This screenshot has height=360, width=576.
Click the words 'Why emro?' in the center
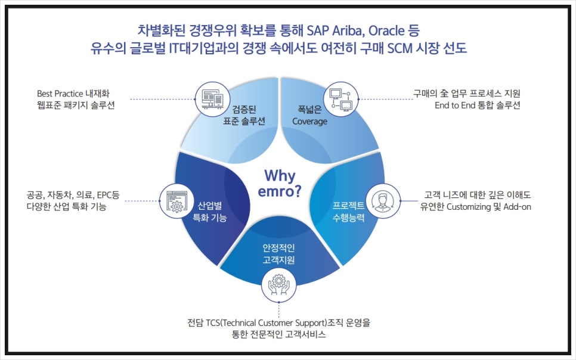(x=280, y=184)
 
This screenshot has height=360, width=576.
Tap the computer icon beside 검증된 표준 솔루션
(x=213, y=99)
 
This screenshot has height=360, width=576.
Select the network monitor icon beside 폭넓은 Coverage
(x=340, y=99)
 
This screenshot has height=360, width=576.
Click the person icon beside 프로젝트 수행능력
(x=383, y=201)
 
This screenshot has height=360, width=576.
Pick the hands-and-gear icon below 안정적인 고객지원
(x=279, y=285)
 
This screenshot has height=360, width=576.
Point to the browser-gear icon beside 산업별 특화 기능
(x=176, y=201)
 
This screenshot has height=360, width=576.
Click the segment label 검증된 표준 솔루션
(x=244, y=116)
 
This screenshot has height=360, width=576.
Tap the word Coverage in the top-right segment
(x=309, y=122)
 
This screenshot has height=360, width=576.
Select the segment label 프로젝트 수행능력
(x=348, y=212)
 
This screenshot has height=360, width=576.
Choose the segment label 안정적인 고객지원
(x=278, y=254)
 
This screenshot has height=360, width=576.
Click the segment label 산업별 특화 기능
(x=210, y=212)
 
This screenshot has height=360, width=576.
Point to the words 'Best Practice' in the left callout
(x=60, y=94)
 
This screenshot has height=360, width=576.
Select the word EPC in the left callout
(x=104, y=195)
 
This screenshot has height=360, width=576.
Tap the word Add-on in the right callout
(x=517, y=207)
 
